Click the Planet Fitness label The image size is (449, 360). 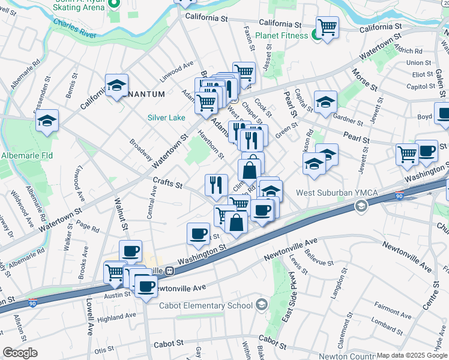(282, 35)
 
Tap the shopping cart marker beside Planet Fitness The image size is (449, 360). (327, 28)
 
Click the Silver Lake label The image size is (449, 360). (166, 118)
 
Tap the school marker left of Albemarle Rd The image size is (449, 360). (46, 122)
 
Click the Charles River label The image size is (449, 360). (75, 28)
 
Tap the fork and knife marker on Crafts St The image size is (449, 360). (216, 185)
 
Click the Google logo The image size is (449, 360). (20, 353)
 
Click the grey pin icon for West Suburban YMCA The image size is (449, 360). (361, 206)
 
